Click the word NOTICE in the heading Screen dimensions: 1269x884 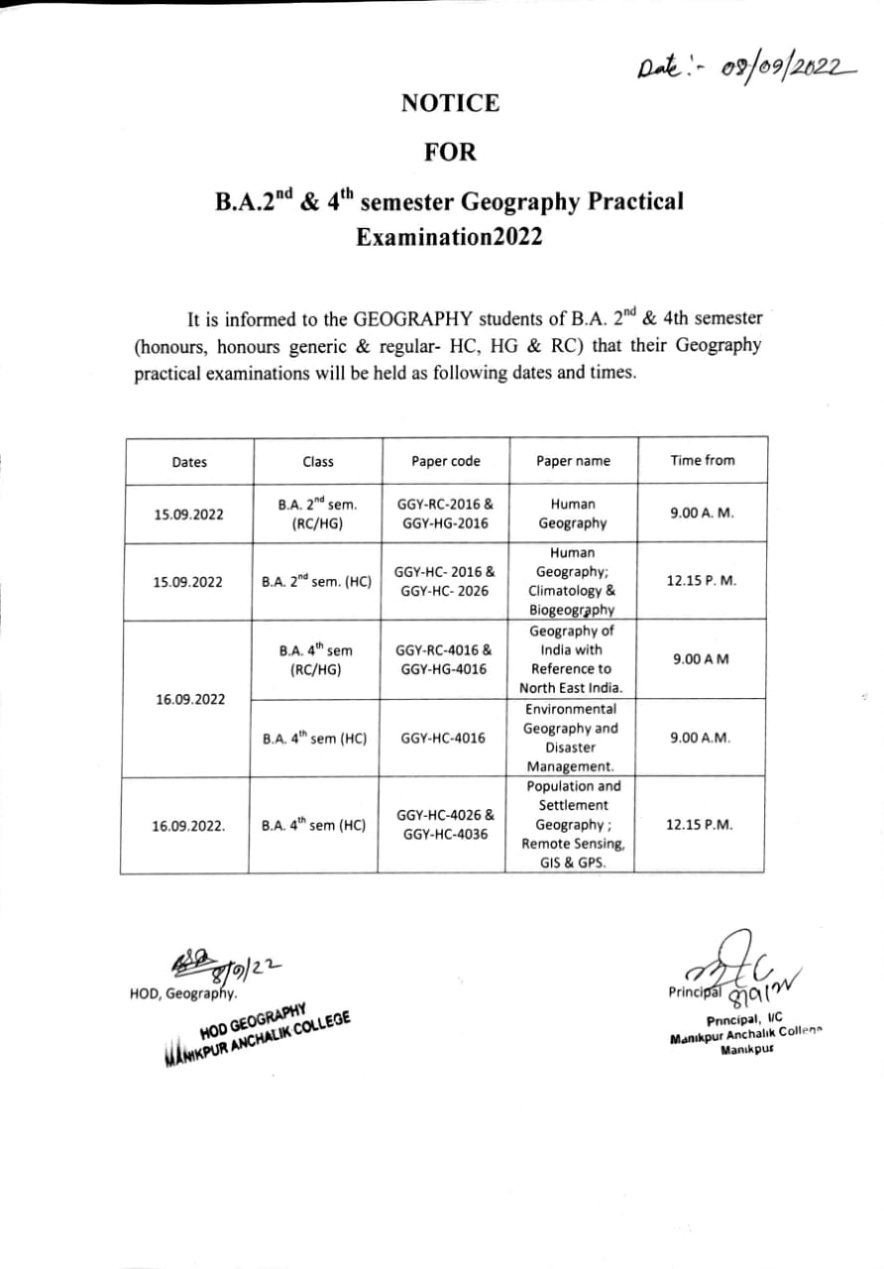450,102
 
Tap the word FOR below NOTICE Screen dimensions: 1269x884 450,152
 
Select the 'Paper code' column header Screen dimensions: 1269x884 446,461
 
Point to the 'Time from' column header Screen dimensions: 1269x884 703,460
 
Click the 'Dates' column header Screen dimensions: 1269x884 189,462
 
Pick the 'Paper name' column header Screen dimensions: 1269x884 573,461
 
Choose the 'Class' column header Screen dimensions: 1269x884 318,461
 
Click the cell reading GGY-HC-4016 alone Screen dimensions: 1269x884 443,739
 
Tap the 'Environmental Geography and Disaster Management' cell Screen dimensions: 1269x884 572,738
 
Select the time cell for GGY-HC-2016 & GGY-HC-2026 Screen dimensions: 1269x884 702,581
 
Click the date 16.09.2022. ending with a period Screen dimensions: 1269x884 188,825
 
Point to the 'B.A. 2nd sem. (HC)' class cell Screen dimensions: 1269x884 317,582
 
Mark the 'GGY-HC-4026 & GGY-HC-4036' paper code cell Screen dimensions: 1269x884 445,825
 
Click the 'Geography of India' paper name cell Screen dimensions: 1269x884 572,659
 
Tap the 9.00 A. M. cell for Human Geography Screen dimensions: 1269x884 702,514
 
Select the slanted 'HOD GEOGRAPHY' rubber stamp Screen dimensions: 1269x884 256,1034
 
